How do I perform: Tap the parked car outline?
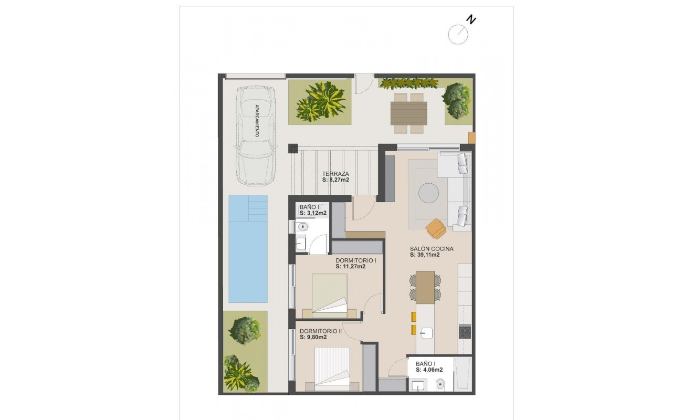click(x=256, y=135)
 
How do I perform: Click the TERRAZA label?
click(x=335, y=174)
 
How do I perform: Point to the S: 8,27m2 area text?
click(x=335, y=180)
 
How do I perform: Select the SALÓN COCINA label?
click(x=432, y=249)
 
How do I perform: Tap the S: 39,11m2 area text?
click(x=425, y=255)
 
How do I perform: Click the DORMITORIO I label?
click(x=355, y=260)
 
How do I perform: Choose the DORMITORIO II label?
click(x=320, y=331)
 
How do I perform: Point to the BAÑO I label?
click(x=425, y=363)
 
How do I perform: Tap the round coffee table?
click(x=428, y=193)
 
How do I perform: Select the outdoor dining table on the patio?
click(x=408, y=113)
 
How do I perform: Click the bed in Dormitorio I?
click(x=330, y=295)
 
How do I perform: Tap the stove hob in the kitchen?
click(x=465, y=332)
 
